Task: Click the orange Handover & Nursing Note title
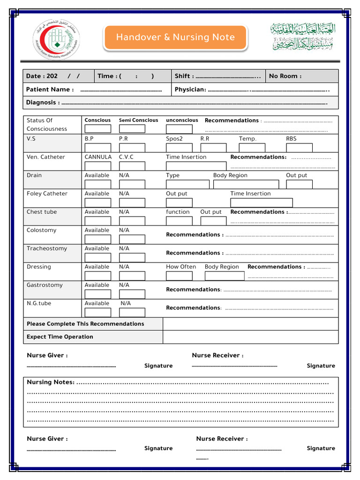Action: click(x=175, y=37)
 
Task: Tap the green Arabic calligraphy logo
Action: click(x=303, y=37)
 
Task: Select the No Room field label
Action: click(x=285, y=76)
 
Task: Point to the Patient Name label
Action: click(x=50, y=90)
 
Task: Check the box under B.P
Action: click(x=97, y=148)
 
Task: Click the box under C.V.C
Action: click(x=132, y=166)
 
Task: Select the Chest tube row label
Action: click(x=42, y=212)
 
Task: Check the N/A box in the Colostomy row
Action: click(x=132, y=239)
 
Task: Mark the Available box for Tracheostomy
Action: click(x=97, y=257)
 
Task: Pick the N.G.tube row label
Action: click(x=39, y=303)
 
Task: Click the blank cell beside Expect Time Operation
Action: click(x=250, y=337)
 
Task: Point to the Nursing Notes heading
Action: click(x=51, y=382)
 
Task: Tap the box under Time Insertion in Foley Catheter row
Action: click(x=261, y=202)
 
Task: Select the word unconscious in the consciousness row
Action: click(x=182, y=120)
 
